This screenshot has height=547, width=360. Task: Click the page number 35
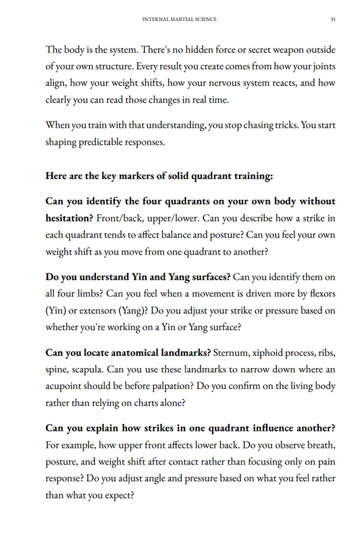tap(333, 20)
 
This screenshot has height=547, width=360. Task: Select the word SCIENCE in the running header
tap(205, 20)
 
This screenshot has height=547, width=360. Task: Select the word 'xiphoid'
tap(276, 353)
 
